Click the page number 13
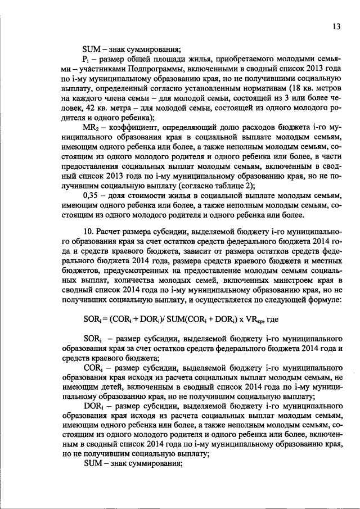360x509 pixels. pyautogui.click(x=336, y=27)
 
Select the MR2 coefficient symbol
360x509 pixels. pyautogui.click(x=91, y=128)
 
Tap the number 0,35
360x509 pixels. pyautogui.click(x=92, y=194)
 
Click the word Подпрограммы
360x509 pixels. pyautogui.click(x=133, y=69)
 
